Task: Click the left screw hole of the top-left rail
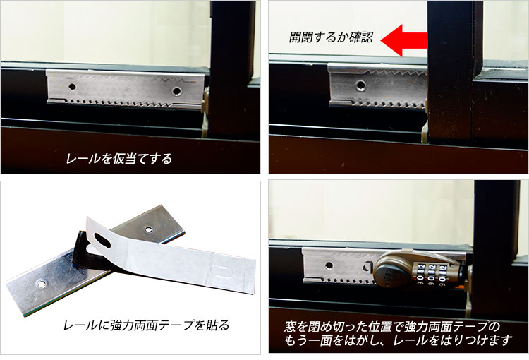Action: click(71, 87)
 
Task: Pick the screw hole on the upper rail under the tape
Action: click(149, 229)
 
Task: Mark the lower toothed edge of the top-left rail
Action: click(120, 103)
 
